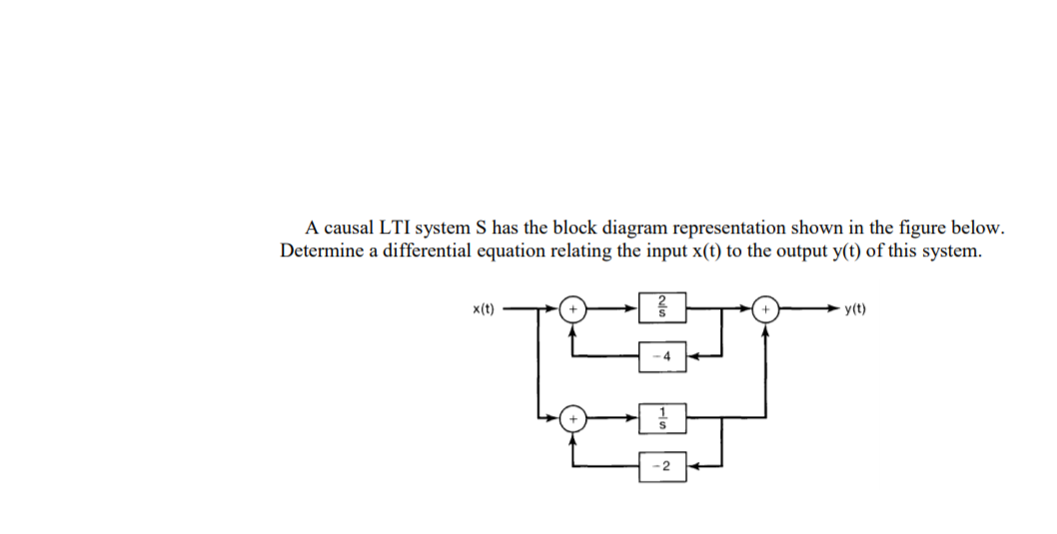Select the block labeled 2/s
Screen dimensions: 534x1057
point(662,308)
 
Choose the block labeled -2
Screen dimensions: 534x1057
point(662,466)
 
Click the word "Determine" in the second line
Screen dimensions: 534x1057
point(324,251)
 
